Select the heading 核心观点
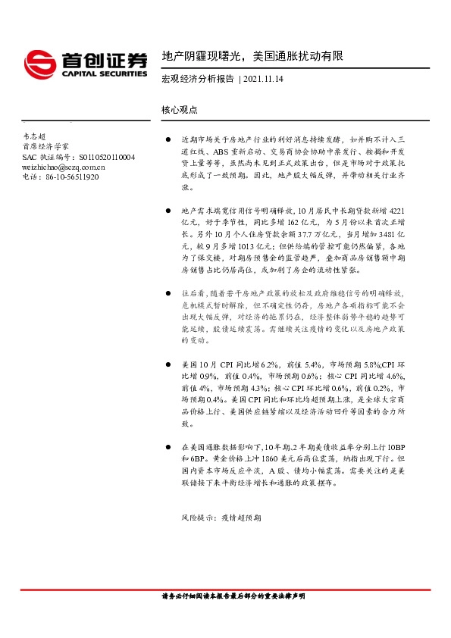180,110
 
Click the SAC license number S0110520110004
106,157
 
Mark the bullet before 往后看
168,292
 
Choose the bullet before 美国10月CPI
168,364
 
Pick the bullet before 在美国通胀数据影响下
168,448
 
